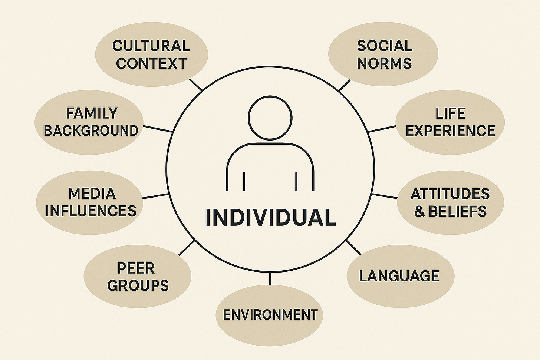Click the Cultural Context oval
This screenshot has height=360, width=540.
pos(151,55)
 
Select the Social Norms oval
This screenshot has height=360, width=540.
pos(383,55)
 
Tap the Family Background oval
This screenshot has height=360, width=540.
pos(89,122)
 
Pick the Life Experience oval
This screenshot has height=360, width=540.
pos(450,122)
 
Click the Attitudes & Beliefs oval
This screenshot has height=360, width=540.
pos(450,202)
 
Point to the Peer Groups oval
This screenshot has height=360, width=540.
pos(137,277)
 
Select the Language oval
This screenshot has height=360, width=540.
pos(400,276)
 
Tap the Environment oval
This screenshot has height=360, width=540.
pos(270,315)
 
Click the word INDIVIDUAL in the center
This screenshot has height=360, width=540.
pos(270,218)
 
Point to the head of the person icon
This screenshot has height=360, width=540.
pos(270,118)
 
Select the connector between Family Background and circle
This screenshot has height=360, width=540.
pos(158,129)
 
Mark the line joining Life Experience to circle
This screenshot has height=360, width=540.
pos(382,129)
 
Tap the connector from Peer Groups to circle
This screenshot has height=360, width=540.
pos(187,248)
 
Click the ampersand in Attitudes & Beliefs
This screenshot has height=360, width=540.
pos(419,212)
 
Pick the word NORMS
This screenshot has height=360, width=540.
pos(384,63)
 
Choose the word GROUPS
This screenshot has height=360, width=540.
pos(138,285)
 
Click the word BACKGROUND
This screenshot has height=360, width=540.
pos(91,131)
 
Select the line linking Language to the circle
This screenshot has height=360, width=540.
pos(353,247)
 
